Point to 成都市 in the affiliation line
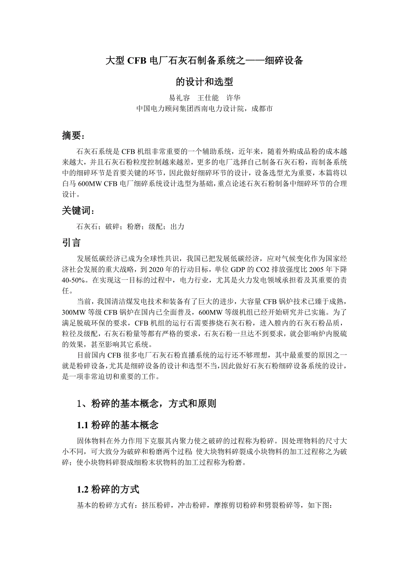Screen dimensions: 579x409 click(262, 109)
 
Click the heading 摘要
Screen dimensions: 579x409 click(72, 136)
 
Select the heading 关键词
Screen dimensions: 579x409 click(77, 211)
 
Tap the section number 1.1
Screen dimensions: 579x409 click(83, 425)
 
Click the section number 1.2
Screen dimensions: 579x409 click(83, 490)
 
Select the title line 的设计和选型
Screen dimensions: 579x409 click(204, 82)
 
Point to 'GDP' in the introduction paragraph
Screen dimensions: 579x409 click(244, 269)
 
